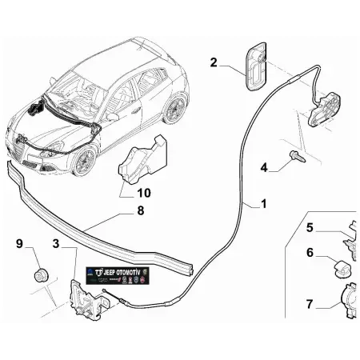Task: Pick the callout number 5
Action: coord(310,227)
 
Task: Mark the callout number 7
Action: coord(310,303)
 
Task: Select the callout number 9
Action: coord(20,243)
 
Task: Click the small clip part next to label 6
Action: coord(337,265)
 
